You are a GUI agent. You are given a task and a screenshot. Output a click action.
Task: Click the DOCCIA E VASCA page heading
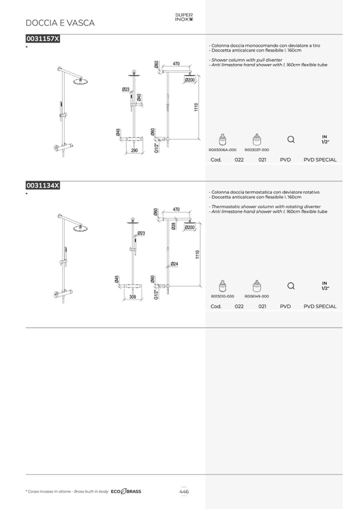[x=60, y=23]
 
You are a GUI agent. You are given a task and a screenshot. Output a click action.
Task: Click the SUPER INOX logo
[x=184, y=17]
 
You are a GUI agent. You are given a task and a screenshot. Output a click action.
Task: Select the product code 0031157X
[x=43, y=39]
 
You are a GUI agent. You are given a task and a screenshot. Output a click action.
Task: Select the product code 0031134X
[x=43, y=185]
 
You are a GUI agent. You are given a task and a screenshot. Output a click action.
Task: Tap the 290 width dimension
[x=134, y=150]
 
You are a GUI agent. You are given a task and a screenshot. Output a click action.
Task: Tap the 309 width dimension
[x=133, y=297]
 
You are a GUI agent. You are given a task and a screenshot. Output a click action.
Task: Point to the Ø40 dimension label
[x=139, y=97]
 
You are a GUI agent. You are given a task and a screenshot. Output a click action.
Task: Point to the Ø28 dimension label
[x=174, y=226]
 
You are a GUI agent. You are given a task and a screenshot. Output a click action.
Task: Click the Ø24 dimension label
[x=174, y=264]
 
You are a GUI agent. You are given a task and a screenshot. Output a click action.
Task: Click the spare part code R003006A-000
[x=222, y=150]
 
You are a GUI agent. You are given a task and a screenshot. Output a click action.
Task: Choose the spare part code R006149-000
[x=257, y=296]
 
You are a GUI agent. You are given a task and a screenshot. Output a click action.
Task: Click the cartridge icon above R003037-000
[x=257, y=140]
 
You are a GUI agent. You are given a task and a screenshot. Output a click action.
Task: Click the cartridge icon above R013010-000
[x=222, y=286]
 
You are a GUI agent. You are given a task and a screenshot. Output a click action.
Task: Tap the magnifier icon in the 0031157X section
[x=291, y=140]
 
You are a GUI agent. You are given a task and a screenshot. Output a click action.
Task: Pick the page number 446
[x=184, y=492]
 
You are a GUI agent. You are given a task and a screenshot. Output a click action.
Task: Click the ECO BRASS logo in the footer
[x=126, y=492]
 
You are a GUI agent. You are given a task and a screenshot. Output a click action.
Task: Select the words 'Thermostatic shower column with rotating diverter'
[x=266, y=207]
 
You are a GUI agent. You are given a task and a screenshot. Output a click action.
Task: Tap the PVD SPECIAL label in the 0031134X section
[x=320, y=306]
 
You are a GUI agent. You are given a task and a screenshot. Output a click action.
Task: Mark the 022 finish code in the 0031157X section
[x=239, y=160]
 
